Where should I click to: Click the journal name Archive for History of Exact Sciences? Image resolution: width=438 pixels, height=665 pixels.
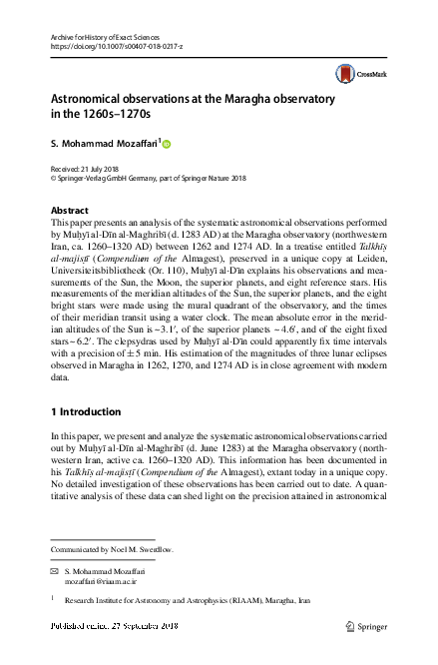click(x=107, y=36)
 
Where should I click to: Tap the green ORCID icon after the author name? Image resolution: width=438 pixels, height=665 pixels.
click(x=167, y=144)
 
